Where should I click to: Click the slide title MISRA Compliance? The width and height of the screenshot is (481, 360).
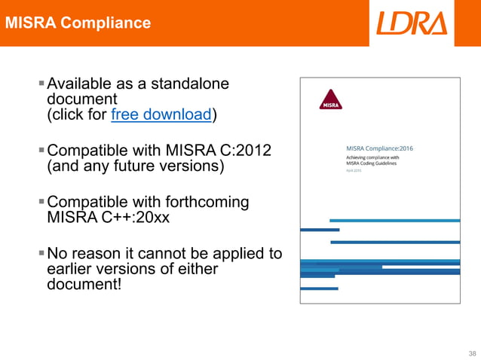click(78, 23)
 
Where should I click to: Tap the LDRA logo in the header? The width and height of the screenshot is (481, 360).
click(412, 23)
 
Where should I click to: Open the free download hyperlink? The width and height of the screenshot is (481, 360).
click(161, 114)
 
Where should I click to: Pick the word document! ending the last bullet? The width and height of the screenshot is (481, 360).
click(84, 285)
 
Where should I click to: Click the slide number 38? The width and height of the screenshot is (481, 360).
click(472, 352)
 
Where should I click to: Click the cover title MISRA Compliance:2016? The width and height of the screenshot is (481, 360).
click(378, 148)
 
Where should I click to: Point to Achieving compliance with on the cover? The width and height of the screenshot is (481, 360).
click(372, 157)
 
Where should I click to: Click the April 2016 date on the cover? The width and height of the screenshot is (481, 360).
click(354, 171)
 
